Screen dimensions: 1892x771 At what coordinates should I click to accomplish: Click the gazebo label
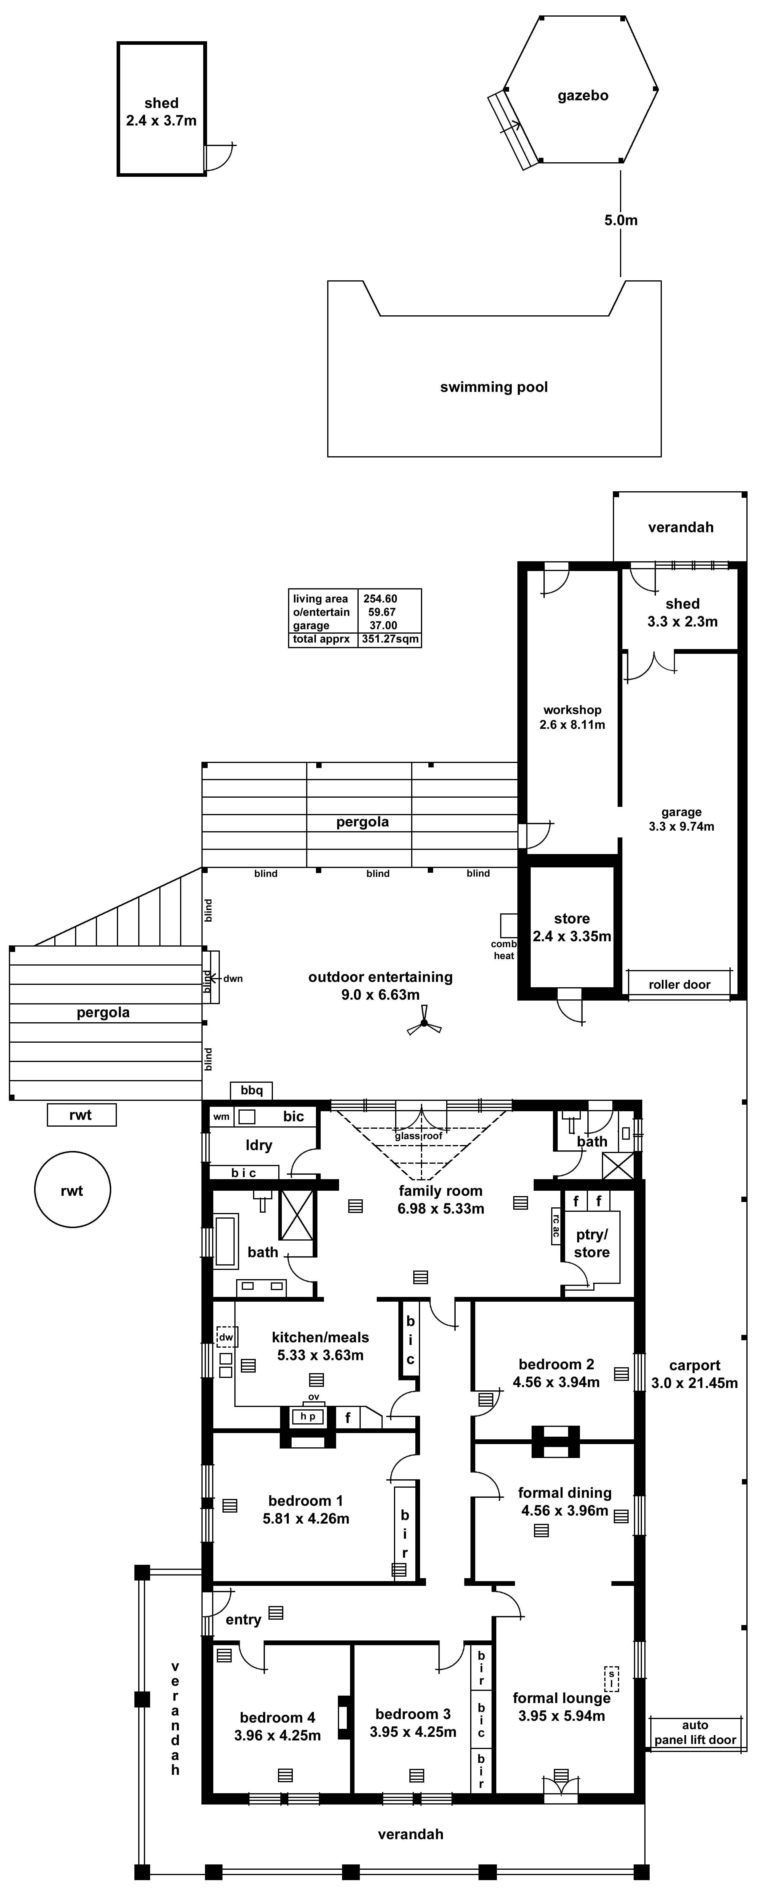[582, 96]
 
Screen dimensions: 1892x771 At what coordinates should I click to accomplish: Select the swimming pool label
[493, 387]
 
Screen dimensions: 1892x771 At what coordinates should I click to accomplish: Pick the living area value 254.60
[380, 599]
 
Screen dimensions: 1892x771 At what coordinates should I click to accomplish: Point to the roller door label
[679, 984]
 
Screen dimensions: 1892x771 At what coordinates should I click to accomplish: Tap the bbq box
[251, 1090]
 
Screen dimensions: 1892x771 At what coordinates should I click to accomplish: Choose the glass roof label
[419, 1136]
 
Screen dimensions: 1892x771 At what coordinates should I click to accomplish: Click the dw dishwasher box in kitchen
[226, 1337]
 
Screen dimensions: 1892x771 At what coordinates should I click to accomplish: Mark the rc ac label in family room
[556, 1227]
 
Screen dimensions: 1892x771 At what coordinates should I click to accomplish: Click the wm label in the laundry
[221, 1116]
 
